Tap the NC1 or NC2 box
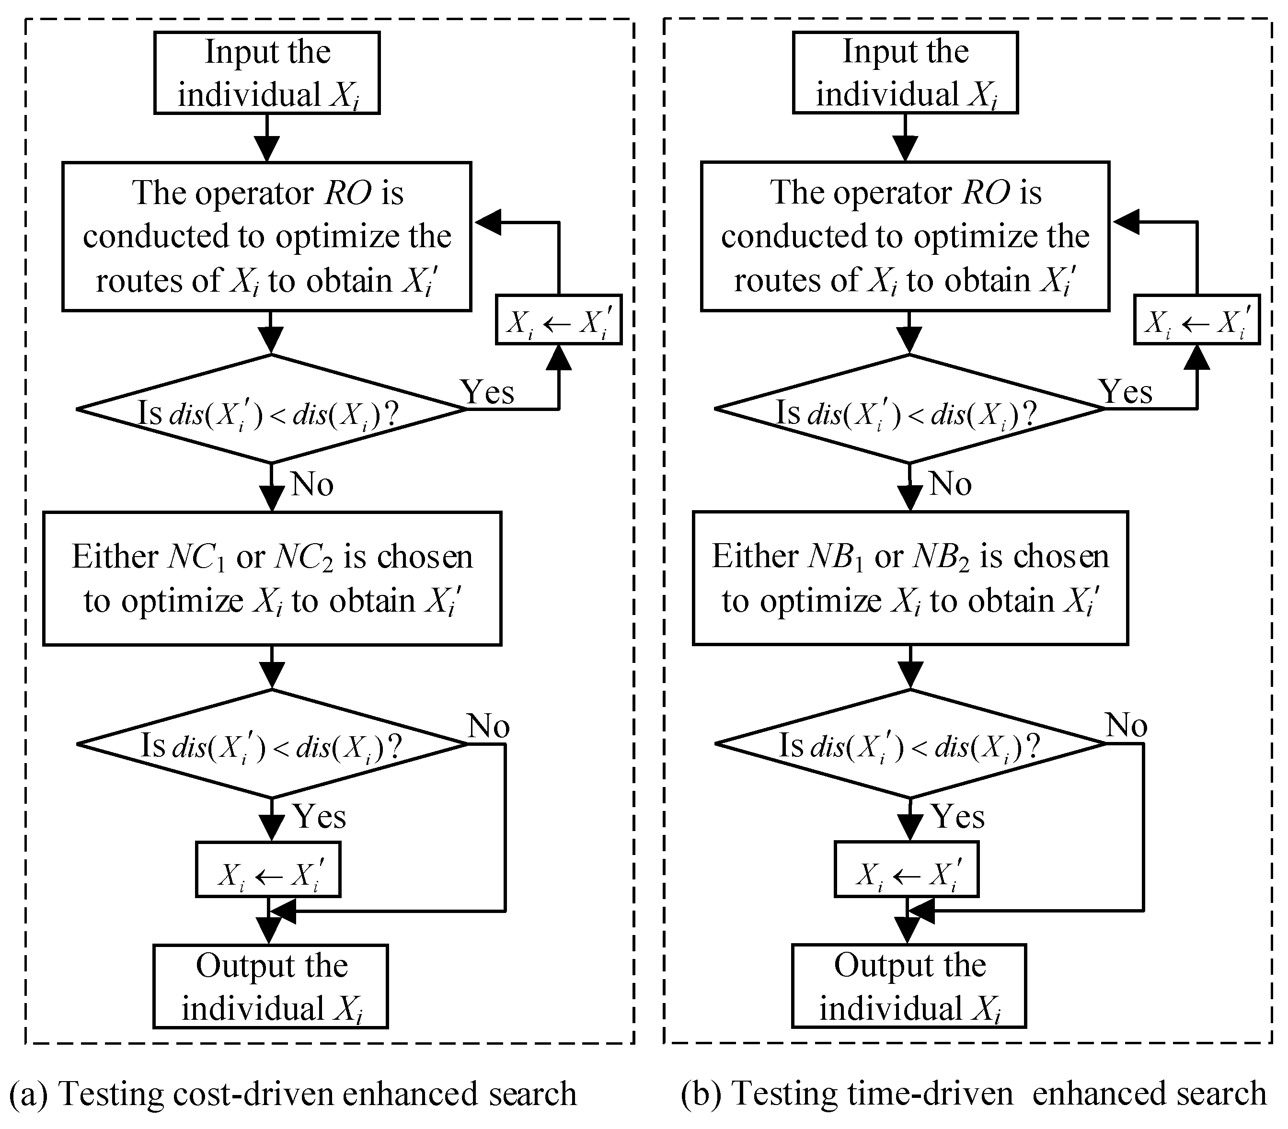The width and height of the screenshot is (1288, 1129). (x=272, y=578)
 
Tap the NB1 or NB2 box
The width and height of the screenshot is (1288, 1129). (x=910, y=578)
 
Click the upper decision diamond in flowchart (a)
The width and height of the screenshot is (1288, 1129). (x=271, y=410)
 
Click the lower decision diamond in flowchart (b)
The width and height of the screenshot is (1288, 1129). (x=910, y=745)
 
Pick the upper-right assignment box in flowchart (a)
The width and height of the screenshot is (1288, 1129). (x=558, y=320)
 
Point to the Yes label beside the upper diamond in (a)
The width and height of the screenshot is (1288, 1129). (x=488, y=392)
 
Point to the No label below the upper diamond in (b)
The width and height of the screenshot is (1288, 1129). (x=950, y=484)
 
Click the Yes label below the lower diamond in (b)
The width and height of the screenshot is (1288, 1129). (x=958, y=817)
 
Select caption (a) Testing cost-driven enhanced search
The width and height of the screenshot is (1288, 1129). (x=294, y=1093)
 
